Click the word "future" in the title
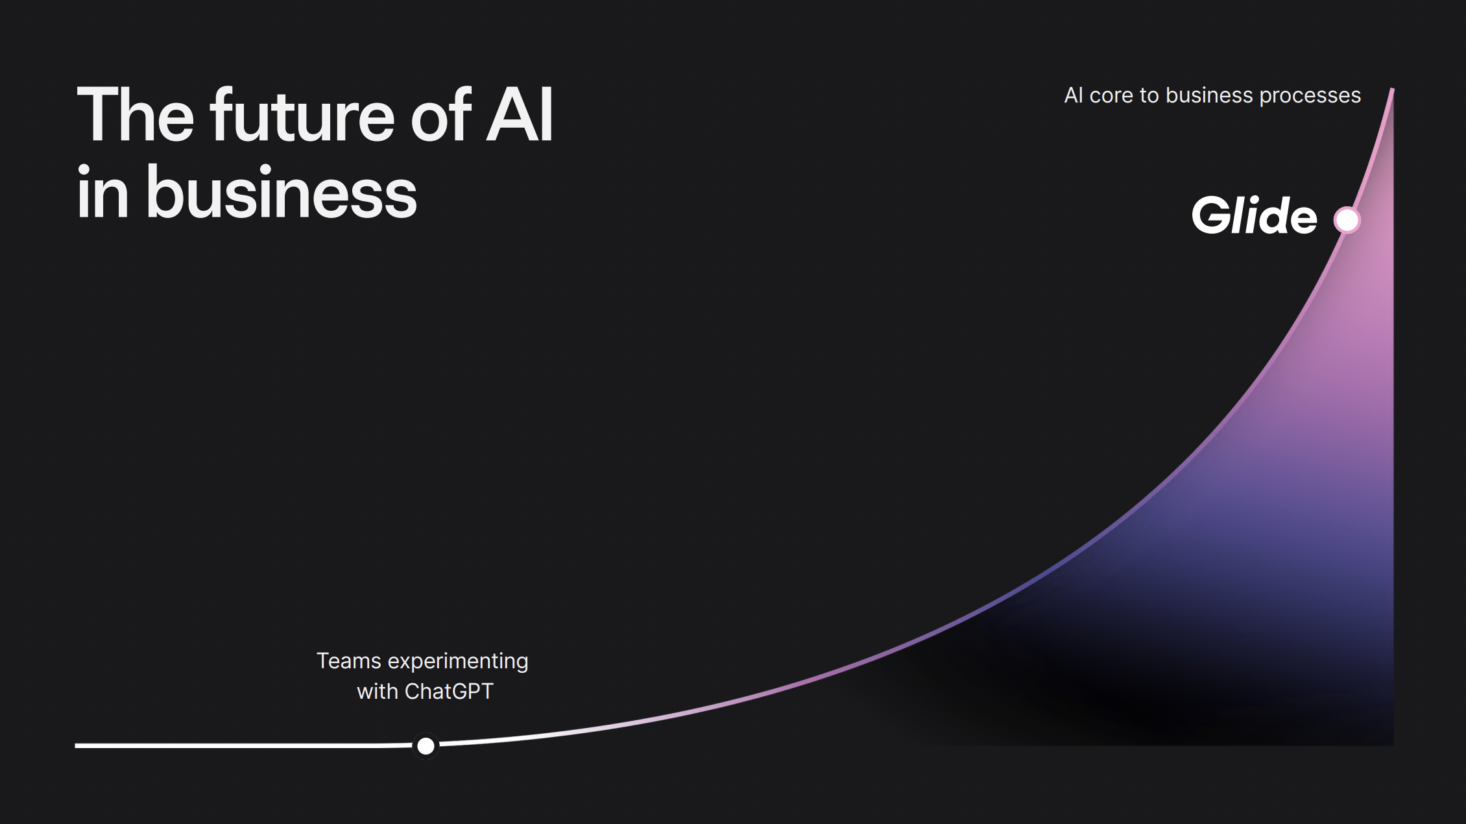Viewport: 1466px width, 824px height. click(302, 115)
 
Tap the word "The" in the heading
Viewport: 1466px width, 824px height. click(136, 115)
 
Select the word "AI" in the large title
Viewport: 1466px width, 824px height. click(520, 115)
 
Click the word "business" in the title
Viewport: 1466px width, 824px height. click(282, 191)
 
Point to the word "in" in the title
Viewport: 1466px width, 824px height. click(102, 191)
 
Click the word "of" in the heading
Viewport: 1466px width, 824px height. click(440, 115)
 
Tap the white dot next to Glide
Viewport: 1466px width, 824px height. click(1347, 220)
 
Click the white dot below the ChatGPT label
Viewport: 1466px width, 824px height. click(426, 746)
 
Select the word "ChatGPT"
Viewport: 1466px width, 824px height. click(449, 692)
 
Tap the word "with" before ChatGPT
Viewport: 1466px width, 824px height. click(378, 692)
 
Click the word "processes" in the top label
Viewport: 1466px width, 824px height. click(1310, 96)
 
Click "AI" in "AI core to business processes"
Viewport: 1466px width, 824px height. click(1074, 95)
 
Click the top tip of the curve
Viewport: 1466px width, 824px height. click(1392, 89)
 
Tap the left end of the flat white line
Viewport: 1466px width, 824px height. click(77, 745)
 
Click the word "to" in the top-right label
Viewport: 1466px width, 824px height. click(1149, 96)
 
